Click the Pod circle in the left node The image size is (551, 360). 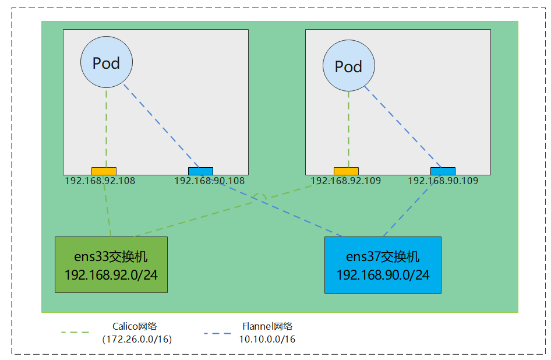click(x=106, y=63)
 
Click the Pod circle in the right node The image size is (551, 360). click(x=348, y=66)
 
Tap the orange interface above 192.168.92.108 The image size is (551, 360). click(x=104, y=171)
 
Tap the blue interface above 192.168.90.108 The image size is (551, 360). click(x=200, y=171)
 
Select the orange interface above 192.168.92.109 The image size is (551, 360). click(x=346, y=171)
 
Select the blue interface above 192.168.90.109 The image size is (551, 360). click(x=443, y=171)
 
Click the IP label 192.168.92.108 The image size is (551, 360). click(x=100, y=181)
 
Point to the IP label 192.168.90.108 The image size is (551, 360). click(x=209, y=181)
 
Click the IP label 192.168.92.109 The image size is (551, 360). click(x=345, y=181)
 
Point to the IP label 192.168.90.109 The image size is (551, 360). click(x=443, y=181)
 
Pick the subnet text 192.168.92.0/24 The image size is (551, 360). click(x=111, y=274)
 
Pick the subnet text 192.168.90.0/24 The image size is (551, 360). click(x=383, y=274)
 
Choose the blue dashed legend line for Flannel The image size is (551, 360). click(x=218, y=333)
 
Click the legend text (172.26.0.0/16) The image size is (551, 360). click(x=136, y=338)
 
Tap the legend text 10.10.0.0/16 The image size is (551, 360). click(x=267, y=339)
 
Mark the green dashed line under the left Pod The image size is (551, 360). click(x=106, y=128)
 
